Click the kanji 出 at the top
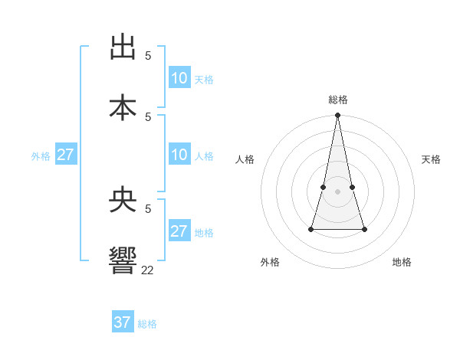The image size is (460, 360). [123, 47]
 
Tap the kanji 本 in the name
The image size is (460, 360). [123, 106]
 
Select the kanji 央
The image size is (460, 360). [123, 200]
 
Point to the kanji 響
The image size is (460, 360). [123, 260]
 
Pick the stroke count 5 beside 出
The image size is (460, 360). [148, 56]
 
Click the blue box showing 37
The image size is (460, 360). [123, 322]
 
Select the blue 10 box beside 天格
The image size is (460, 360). [179, 78]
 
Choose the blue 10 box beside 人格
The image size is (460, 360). [179, 155]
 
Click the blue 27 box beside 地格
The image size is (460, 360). [179, 231]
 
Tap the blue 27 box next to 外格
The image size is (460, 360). [66, 155]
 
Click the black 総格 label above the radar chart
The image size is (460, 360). [338, 100]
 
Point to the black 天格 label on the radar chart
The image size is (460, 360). [431, 159]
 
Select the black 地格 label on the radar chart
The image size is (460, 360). [402, 262]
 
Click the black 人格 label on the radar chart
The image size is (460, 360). [245, 159]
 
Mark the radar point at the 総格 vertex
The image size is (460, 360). [338, 116]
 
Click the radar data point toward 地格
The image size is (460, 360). [364, 229]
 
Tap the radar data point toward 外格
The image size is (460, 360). [311, 228]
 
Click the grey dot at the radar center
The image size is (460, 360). [338, 191]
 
